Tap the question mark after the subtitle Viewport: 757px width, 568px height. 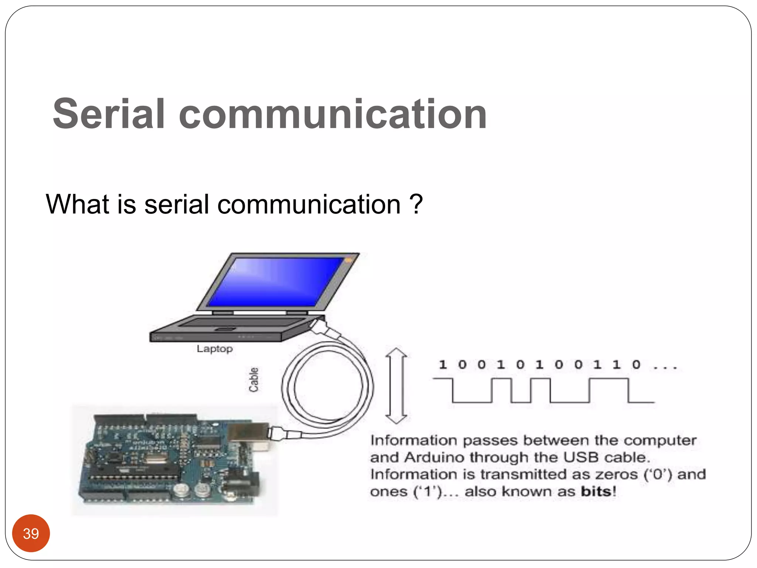[416, 204]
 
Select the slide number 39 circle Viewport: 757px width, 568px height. [31, 533]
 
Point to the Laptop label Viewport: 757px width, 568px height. [215, 349]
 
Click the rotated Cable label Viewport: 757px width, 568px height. [254, 380]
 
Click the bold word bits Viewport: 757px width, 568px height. [596, 491]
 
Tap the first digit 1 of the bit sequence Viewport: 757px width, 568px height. [442, 365]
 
